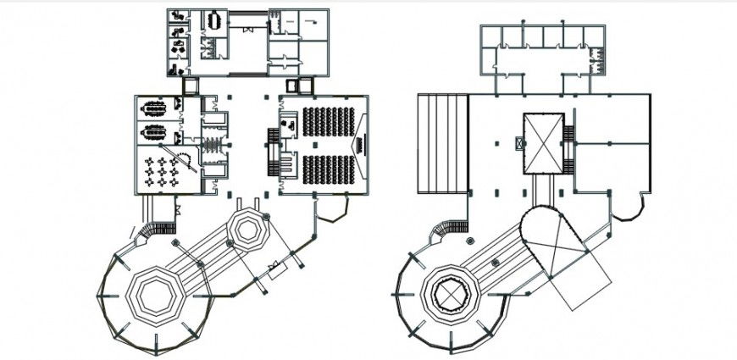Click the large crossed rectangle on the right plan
[542, 143]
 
